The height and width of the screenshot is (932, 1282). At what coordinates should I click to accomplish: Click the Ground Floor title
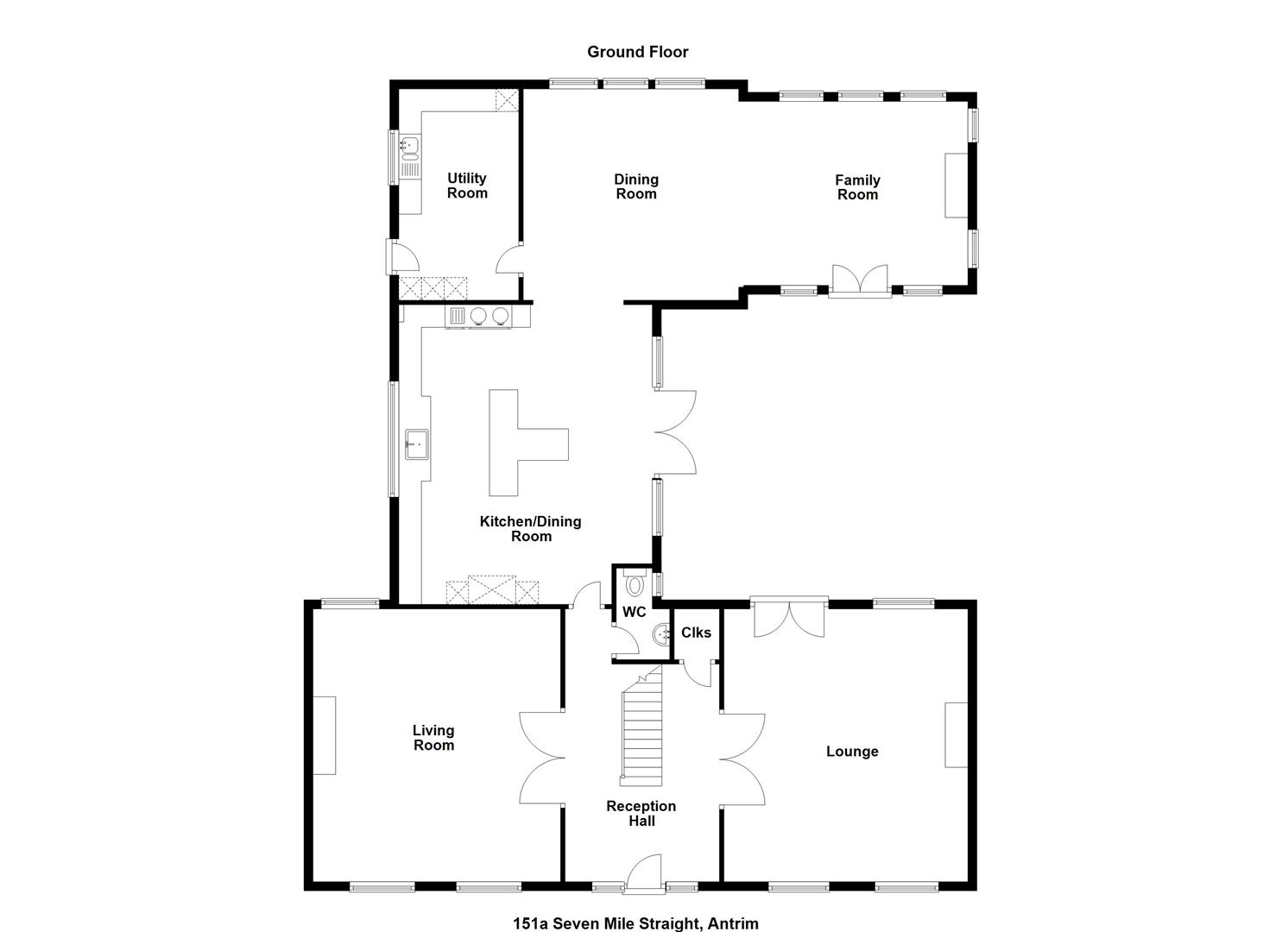pyautogui.click(x=638, y=52)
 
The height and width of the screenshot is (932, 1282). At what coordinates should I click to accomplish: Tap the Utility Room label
pyautogui.click(x=467, y=186)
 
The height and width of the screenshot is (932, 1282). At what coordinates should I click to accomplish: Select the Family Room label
pyautogui.click(x=857, y=187)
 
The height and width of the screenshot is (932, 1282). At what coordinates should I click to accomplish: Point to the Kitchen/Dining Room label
pyautogui.click(x=531, y=529)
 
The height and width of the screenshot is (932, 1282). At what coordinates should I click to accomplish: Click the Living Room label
pyautogui.click(x=434, y=738)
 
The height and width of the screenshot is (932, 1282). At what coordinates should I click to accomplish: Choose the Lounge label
pyautogui.click(x=852, y=751)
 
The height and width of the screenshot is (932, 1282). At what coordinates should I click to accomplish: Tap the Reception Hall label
pyautogui.click(x=641, y=813)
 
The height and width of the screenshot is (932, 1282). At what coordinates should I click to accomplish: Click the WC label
pyautogui.click(x=635, y=612)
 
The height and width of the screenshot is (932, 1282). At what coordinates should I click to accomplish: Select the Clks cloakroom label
pyautogui.click(x=696, y=633)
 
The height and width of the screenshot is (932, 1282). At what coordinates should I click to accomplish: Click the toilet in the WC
pyautogui.click(x=635, y=583)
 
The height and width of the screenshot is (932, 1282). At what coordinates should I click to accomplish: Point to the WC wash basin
pyautogui.click(x=660, y=633)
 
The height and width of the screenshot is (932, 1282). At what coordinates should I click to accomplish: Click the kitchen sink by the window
pyautogui.click(x=417, y=444)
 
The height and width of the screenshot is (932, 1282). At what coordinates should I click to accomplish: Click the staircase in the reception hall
pyautogui.click(x=641, y=727)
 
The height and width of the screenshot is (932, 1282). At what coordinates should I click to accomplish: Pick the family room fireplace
pyautogui.click(x=956, y=186)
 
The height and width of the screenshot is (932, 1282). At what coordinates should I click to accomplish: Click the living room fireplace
pyautogui.click(x=325, y=735)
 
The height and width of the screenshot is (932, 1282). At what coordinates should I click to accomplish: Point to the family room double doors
pyautogui.click(x=860, y=281)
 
